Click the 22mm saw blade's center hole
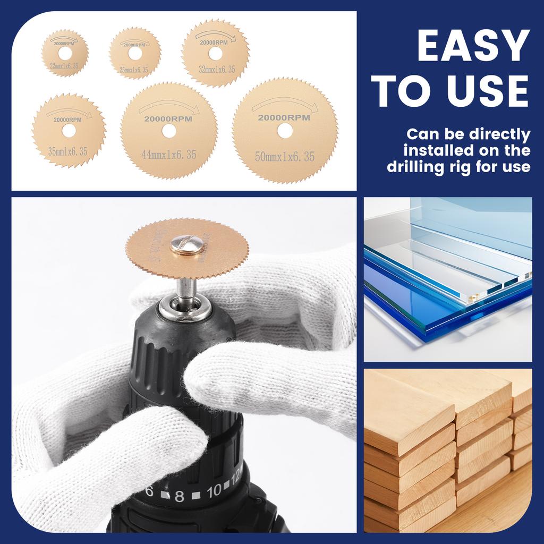65,53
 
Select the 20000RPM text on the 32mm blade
215,42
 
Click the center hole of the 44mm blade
169,131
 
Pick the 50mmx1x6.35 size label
285,157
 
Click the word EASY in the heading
473,46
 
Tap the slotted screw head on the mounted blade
187,244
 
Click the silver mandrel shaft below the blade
186,290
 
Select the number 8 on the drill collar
179,497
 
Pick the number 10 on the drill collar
213,491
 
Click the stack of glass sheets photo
447,279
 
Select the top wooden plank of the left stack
409,409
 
